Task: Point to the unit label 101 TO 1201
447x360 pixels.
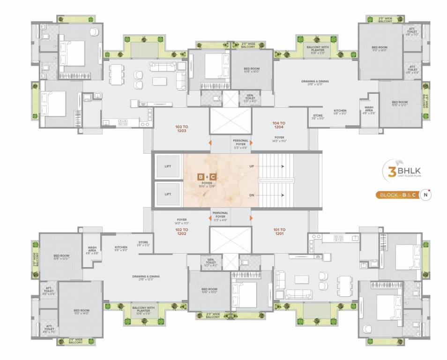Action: (x=280, y=231)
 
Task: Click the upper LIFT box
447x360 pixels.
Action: (x=168, y=166)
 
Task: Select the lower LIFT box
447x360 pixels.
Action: (x=168, y=193)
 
